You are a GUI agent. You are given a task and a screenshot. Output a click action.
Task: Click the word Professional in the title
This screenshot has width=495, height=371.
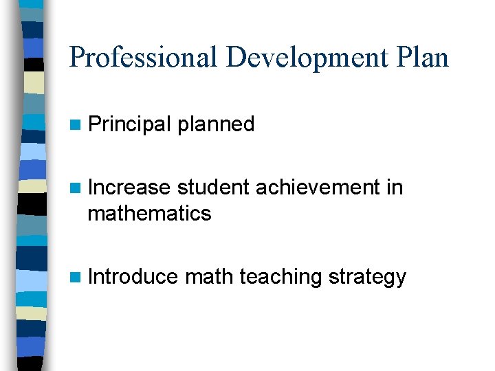coord(144,58)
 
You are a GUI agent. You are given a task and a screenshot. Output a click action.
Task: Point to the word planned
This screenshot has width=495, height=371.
coord(216,124)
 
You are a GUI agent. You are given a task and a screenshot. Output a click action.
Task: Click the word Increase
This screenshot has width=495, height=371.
coord(129,187)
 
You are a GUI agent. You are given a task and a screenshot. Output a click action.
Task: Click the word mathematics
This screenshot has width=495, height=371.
coord(149,214)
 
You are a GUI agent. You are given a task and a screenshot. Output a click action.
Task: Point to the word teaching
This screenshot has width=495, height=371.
coord(280,277)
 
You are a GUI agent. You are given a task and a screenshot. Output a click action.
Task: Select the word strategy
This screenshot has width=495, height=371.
coord(368,277)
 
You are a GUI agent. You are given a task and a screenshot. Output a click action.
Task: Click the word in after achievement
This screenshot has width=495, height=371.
coord(395,187)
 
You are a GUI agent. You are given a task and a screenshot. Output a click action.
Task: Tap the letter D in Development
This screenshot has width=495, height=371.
coord(236,58)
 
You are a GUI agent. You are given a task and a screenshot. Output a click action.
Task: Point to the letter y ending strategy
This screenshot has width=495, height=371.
coord(401,279)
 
